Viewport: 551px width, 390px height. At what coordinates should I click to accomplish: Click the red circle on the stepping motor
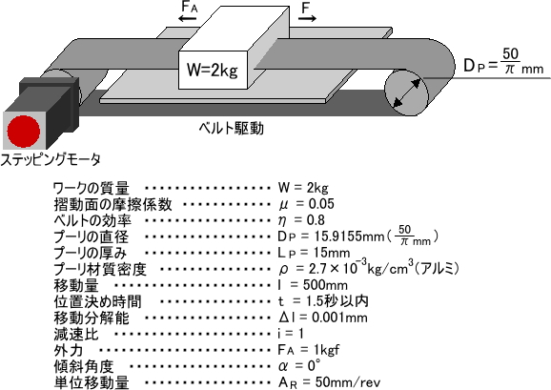(x=24, y=131)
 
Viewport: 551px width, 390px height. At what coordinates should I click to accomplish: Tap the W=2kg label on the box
(x=213, y=70)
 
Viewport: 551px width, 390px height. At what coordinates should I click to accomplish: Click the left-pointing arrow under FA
(x=187, y=18)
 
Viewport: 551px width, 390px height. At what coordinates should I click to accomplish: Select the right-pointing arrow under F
(x=308, y=18)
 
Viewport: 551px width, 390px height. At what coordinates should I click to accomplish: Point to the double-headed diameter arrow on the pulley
(x=406, y=93)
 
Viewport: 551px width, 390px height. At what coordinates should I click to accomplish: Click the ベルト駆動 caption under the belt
(x=231, y=129)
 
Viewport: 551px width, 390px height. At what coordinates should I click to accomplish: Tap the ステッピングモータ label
(x=51, y=160)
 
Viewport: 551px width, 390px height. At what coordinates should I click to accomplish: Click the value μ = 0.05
(x=306, y=204)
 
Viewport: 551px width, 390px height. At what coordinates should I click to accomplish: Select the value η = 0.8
(x=301, y=220)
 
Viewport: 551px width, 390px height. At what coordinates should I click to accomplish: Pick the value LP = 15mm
(x=314, y=253)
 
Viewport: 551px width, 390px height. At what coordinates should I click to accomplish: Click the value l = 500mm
(x=313, y=284)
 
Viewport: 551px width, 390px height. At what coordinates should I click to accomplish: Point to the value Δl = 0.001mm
(x=322, y=318)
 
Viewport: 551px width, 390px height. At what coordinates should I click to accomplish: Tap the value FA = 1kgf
(x=309, y=350)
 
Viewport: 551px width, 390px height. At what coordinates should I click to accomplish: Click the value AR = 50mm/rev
(x=329, y=382)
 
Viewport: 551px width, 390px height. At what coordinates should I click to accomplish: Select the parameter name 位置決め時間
(x=97, y=301)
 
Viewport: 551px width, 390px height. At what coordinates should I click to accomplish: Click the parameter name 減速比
(x=76, y=334)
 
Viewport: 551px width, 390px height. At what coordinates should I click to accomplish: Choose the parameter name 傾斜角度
(x=84, y=366)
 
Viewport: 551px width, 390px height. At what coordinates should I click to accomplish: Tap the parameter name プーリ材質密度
(x=100, y=269)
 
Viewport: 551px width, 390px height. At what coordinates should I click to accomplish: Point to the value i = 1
(x=291, y=333)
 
